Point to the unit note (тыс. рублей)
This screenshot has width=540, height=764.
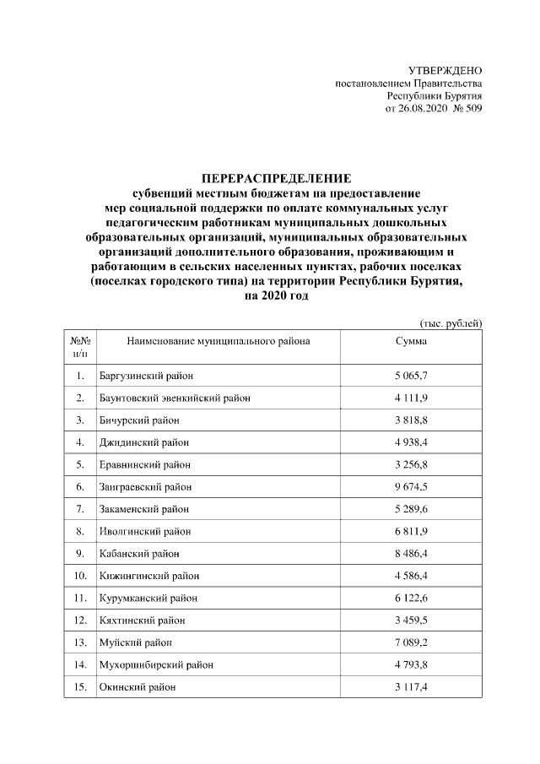pyautogui.click(x=451, y=323)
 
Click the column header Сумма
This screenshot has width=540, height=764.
pyautogui.click(x=411, y=341)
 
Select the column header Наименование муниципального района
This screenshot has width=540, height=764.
pyautogui.click(x=218, y=341)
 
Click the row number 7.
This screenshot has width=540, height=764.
pyautogui.click(x=79, y=509)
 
